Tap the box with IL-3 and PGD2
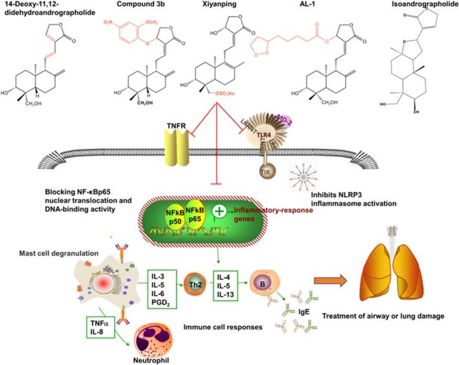161,289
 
